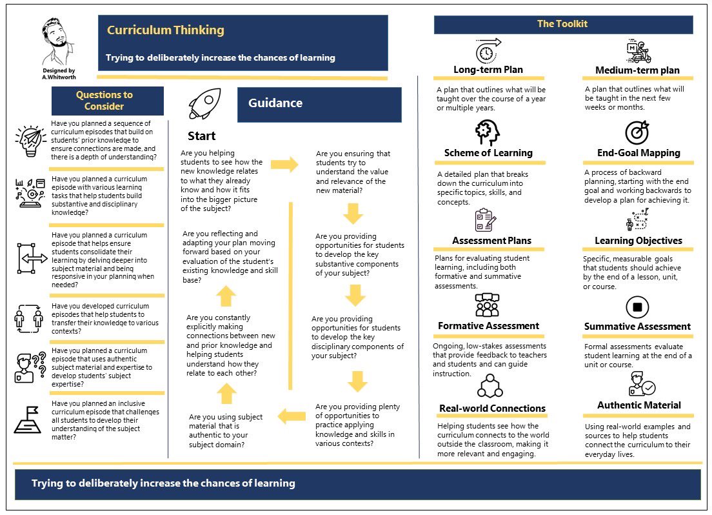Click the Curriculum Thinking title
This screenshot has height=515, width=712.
166,30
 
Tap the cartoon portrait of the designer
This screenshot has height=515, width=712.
59,41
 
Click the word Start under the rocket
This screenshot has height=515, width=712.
202,136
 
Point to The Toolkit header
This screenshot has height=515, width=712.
562,25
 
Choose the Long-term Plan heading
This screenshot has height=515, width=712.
488,70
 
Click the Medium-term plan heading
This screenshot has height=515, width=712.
637,70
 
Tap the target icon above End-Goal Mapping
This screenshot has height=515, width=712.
637,133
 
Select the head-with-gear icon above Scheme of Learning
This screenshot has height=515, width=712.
488,133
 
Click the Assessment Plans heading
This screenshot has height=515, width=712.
491,241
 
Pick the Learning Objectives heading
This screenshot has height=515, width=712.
638,241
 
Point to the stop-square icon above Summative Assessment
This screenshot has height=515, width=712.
637,307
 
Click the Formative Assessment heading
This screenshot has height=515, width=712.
488,326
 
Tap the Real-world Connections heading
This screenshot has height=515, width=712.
492,409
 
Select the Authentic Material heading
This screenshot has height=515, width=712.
638,405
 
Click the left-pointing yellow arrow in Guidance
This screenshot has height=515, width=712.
292,417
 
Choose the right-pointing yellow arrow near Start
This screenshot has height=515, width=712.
284,165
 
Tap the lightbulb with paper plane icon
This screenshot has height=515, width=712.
28,141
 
